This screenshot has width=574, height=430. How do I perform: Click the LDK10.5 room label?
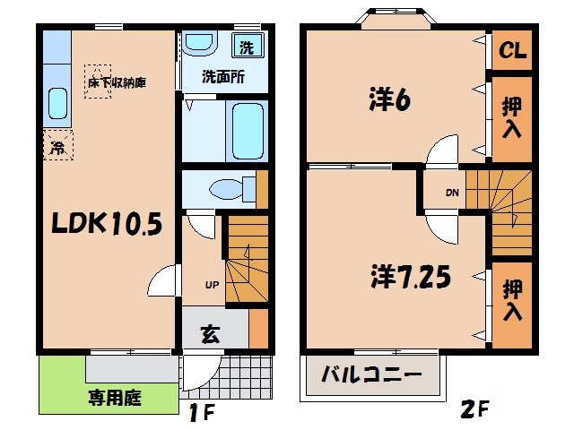tap(107, 223)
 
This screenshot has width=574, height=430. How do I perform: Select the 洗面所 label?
tap(223, 77)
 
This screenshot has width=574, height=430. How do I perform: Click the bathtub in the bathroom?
tap(248, 131)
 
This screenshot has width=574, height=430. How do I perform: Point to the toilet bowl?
tap(232, 189)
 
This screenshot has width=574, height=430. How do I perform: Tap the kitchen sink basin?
tap(57, 104)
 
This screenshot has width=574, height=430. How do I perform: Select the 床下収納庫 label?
tap(117, 82)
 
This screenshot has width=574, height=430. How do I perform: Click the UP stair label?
tap(212, 285)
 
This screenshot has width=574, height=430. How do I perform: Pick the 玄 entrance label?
tap(210, 333)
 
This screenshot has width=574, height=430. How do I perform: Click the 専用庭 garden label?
tap(115, 398)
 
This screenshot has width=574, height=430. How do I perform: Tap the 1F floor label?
tap(201, 413)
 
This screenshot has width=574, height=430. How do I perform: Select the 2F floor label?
tap(474, 409)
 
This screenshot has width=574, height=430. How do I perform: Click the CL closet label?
tap(512, 50)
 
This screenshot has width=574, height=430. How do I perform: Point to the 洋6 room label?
tap(389, 99)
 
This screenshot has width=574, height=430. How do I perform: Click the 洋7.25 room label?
tap(411, 277)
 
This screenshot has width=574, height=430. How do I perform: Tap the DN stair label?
tap(452, 193)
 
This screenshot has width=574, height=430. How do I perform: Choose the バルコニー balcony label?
tap(371, 374)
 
